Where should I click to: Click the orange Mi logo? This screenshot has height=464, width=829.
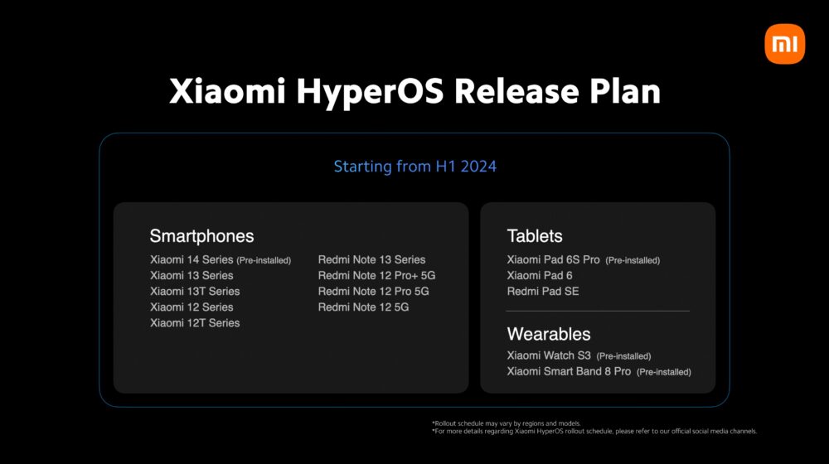click(x=784, y=44)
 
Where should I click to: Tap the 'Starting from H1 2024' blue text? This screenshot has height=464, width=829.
click(x=414, y=167)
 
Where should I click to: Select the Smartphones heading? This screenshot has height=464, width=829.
click(x=201, y=236)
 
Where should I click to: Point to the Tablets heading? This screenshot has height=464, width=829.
click(x=535, y=236)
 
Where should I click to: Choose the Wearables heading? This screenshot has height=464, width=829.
click(x=549, y=334)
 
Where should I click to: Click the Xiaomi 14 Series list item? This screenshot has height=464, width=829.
click(x=192, y=259)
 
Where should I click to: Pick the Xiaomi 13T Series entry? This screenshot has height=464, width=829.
click(x=195, y=291)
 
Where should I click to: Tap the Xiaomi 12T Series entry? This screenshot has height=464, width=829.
click(x=195, y=322)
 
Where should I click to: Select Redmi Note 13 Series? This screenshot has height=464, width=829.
click(x=371, y=259)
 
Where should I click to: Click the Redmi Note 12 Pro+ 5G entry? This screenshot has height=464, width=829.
click(x=376, y=275)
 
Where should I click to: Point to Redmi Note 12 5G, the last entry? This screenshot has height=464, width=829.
click(x=363, y=307)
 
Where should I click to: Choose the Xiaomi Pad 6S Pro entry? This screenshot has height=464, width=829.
click(x=554, y=259)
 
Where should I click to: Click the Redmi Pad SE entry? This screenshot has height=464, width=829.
click(x=543, y=291)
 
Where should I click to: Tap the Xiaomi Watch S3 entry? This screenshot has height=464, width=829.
click(x=549, y=355)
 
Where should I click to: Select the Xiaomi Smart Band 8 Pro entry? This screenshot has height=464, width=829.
click(x=569, y=371)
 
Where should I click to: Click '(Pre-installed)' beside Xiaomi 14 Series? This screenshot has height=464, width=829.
click(x=264, y=260)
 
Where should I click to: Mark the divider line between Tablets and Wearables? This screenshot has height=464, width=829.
click(x=598, y=311)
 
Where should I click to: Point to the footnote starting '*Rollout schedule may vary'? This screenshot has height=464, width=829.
click(x=506, y=423)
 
